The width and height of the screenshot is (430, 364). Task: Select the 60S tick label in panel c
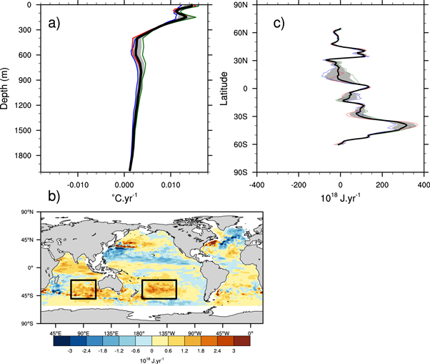click(x=241, y=144)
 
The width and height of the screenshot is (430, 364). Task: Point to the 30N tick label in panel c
click(x=241, y=61)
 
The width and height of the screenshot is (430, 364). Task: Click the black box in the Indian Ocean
click(x=83, y=290)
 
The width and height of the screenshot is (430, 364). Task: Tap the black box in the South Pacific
click(x=159, y=289)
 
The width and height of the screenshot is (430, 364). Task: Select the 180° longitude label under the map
click(x=132, y=333)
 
